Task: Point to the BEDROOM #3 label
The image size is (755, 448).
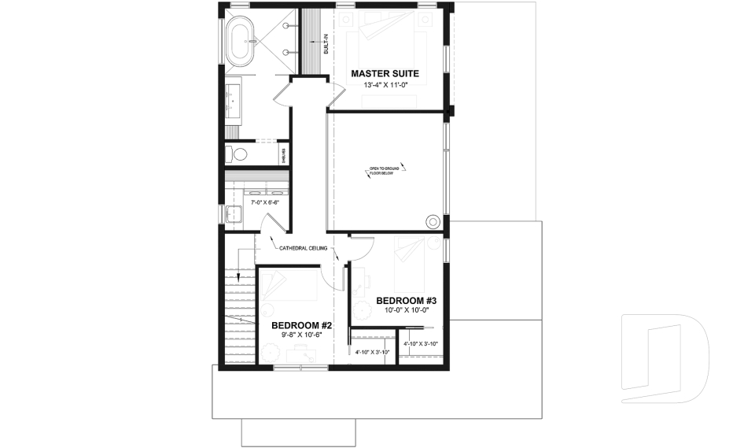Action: pyautogui.click(x=406, y=301)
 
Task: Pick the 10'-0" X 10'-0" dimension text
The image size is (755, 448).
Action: pyautogui.click(x=406, y=310)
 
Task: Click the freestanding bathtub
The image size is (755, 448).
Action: pyautogui.click(x=241, y=43)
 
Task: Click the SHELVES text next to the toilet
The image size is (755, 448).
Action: pyautogui.click(x=284, y=154)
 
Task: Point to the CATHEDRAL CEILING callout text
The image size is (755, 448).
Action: pyautogui.click(x=304, y=247)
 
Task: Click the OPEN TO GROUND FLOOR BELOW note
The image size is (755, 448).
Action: pyautogui.click(x=385, y=169)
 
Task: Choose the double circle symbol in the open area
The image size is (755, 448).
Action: pyautogui.click(x=432, y=221)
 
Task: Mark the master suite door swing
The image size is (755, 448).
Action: pyautogui.click(x=336, y=91)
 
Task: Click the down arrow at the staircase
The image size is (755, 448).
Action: pyautogui.click(x=239, y=276)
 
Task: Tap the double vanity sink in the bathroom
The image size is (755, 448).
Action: pyautogui.click(x=234, y=101)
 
